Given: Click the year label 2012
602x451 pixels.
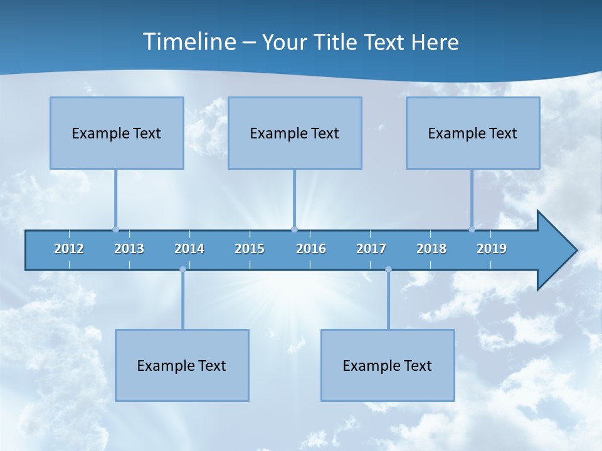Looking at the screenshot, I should click(x=69, y=249).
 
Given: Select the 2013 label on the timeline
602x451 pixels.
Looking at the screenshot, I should click(x=129, y=249).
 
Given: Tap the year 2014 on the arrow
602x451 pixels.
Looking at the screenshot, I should click(x=189, y=249).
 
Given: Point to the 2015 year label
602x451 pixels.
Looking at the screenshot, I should click(x=250, y=249).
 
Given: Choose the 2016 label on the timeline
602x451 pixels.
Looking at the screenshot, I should click(x=311, y=249).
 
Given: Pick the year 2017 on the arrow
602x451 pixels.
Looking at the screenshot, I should click(x=371, y=249).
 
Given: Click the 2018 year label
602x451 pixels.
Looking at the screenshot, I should click(x=431, y=249).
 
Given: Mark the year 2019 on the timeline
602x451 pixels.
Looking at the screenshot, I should click(x=492, y=249).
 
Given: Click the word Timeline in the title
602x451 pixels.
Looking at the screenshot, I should click(x=189, y=42).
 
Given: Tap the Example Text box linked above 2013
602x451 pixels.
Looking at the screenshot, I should click(x=117, y=133).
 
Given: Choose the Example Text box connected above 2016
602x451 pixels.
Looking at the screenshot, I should click(x=295, y=133).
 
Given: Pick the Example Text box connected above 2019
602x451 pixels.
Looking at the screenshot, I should click(x=473, y=133).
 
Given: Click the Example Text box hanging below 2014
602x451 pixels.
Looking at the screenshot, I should click(x=182, y=365).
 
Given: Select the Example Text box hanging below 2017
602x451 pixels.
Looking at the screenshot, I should click(x=388, y=365).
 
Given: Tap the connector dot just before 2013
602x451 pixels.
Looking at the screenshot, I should click(x=115, y=229).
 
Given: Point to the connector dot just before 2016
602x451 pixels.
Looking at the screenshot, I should click(x=294, y=229).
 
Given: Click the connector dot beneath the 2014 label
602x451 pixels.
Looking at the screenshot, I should click(x=182, y=269).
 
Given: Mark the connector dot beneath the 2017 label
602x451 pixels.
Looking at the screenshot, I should click(x=388, y=269).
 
